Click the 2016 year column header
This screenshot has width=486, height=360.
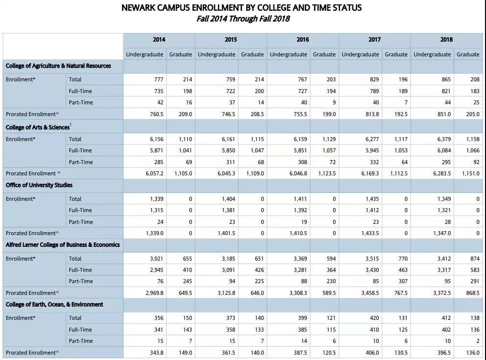click(302, 40)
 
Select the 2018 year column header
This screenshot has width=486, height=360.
click(446, 40)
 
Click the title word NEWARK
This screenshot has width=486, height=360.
click(142, 8)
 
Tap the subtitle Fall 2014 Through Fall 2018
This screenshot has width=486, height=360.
click(243, 19)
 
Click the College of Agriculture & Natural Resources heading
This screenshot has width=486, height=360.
click(58, 66)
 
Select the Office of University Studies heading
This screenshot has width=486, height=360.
click(39, 185)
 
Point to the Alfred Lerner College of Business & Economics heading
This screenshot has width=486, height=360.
click(63, 245)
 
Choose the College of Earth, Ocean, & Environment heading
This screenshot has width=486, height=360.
click(54, 305)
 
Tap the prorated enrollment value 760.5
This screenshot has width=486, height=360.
click(154, 114)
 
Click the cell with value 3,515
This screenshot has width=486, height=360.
click(371, 259)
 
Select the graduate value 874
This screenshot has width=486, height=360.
click(473, 259)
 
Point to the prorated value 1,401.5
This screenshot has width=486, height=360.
click(226, 234)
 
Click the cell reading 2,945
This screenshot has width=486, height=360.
click(155, 270)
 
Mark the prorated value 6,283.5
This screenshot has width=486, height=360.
click(441, 173)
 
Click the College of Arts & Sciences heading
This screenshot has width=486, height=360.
click(38, 127)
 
